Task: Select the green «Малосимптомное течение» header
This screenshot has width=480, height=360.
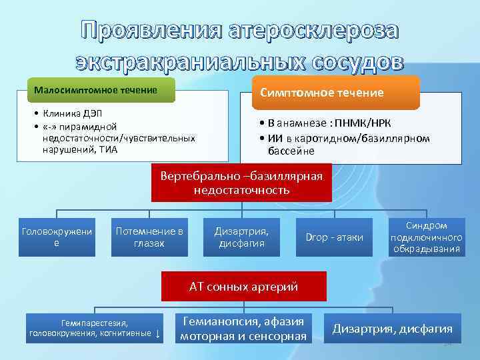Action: tap(97, 90)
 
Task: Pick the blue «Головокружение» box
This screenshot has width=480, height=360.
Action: tap(56, 237)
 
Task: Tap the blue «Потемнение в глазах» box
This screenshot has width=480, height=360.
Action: tap(149, 237)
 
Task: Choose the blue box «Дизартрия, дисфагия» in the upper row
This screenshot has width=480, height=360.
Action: tap(241, 237)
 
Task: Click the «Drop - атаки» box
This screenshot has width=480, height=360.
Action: tap(334, 237)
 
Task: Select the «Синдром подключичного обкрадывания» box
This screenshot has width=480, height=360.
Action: tap(427, 237)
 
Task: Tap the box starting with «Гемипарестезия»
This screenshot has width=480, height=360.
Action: tap(93, 328)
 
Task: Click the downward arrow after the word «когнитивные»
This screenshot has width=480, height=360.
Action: tap(157, 333)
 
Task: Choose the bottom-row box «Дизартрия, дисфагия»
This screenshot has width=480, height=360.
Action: tap(392, 329)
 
